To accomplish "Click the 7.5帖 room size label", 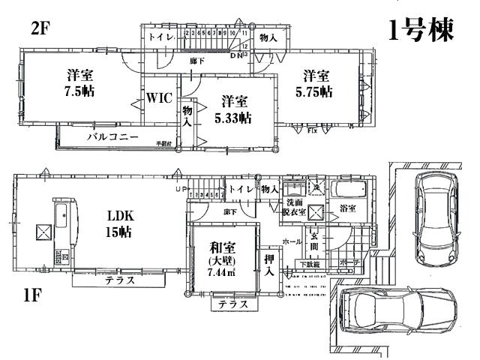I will (79, 91).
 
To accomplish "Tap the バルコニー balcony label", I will (112, 138).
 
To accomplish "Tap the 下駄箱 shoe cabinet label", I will (310, 264).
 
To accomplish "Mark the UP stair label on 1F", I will (181, 189).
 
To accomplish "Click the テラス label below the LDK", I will (119, 281).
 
